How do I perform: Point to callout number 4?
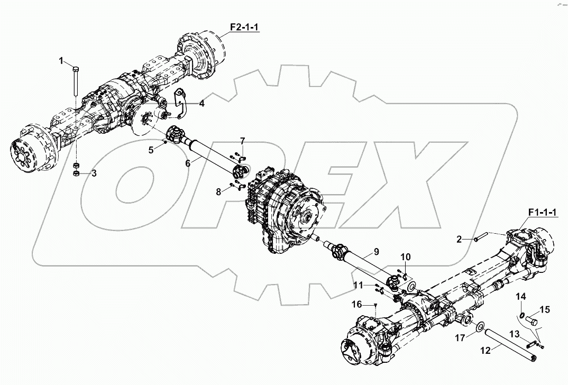(x=201, y=104)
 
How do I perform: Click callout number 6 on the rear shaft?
(x=187, y=164)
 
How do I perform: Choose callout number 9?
(x=376, y=251)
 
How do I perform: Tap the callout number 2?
(x=460, y=240)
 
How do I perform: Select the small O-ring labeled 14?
(x=521, y=316)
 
